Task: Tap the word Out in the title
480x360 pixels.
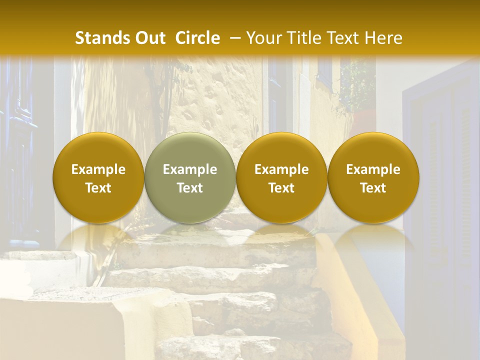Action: point(150,38)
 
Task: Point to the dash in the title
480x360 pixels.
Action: point(233,38)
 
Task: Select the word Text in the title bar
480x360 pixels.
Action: point(344,38)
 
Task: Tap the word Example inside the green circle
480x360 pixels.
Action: point(190,169)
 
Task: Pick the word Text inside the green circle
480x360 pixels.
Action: point(190,188)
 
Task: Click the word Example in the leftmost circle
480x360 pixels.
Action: point(98,169)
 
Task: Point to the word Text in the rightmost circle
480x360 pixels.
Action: point(373,188)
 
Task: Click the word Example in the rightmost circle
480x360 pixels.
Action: point(373,169)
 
